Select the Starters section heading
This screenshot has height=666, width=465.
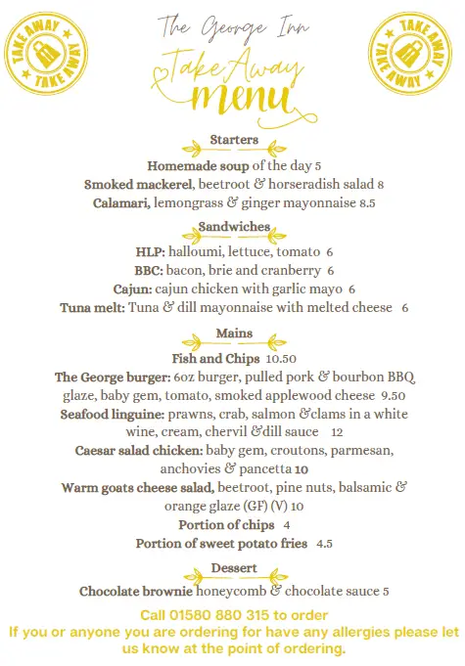click(x=234, y=141)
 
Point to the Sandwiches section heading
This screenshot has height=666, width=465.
click(x=234, y=227)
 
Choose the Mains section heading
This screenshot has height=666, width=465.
click(x=234, y=334)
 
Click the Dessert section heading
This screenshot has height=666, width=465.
click(x=234, y=568)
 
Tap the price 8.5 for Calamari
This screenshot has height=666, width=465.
click(x=367, y=203)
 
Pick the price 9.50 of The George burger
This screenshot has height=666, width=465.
click(x=393, y=396)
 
